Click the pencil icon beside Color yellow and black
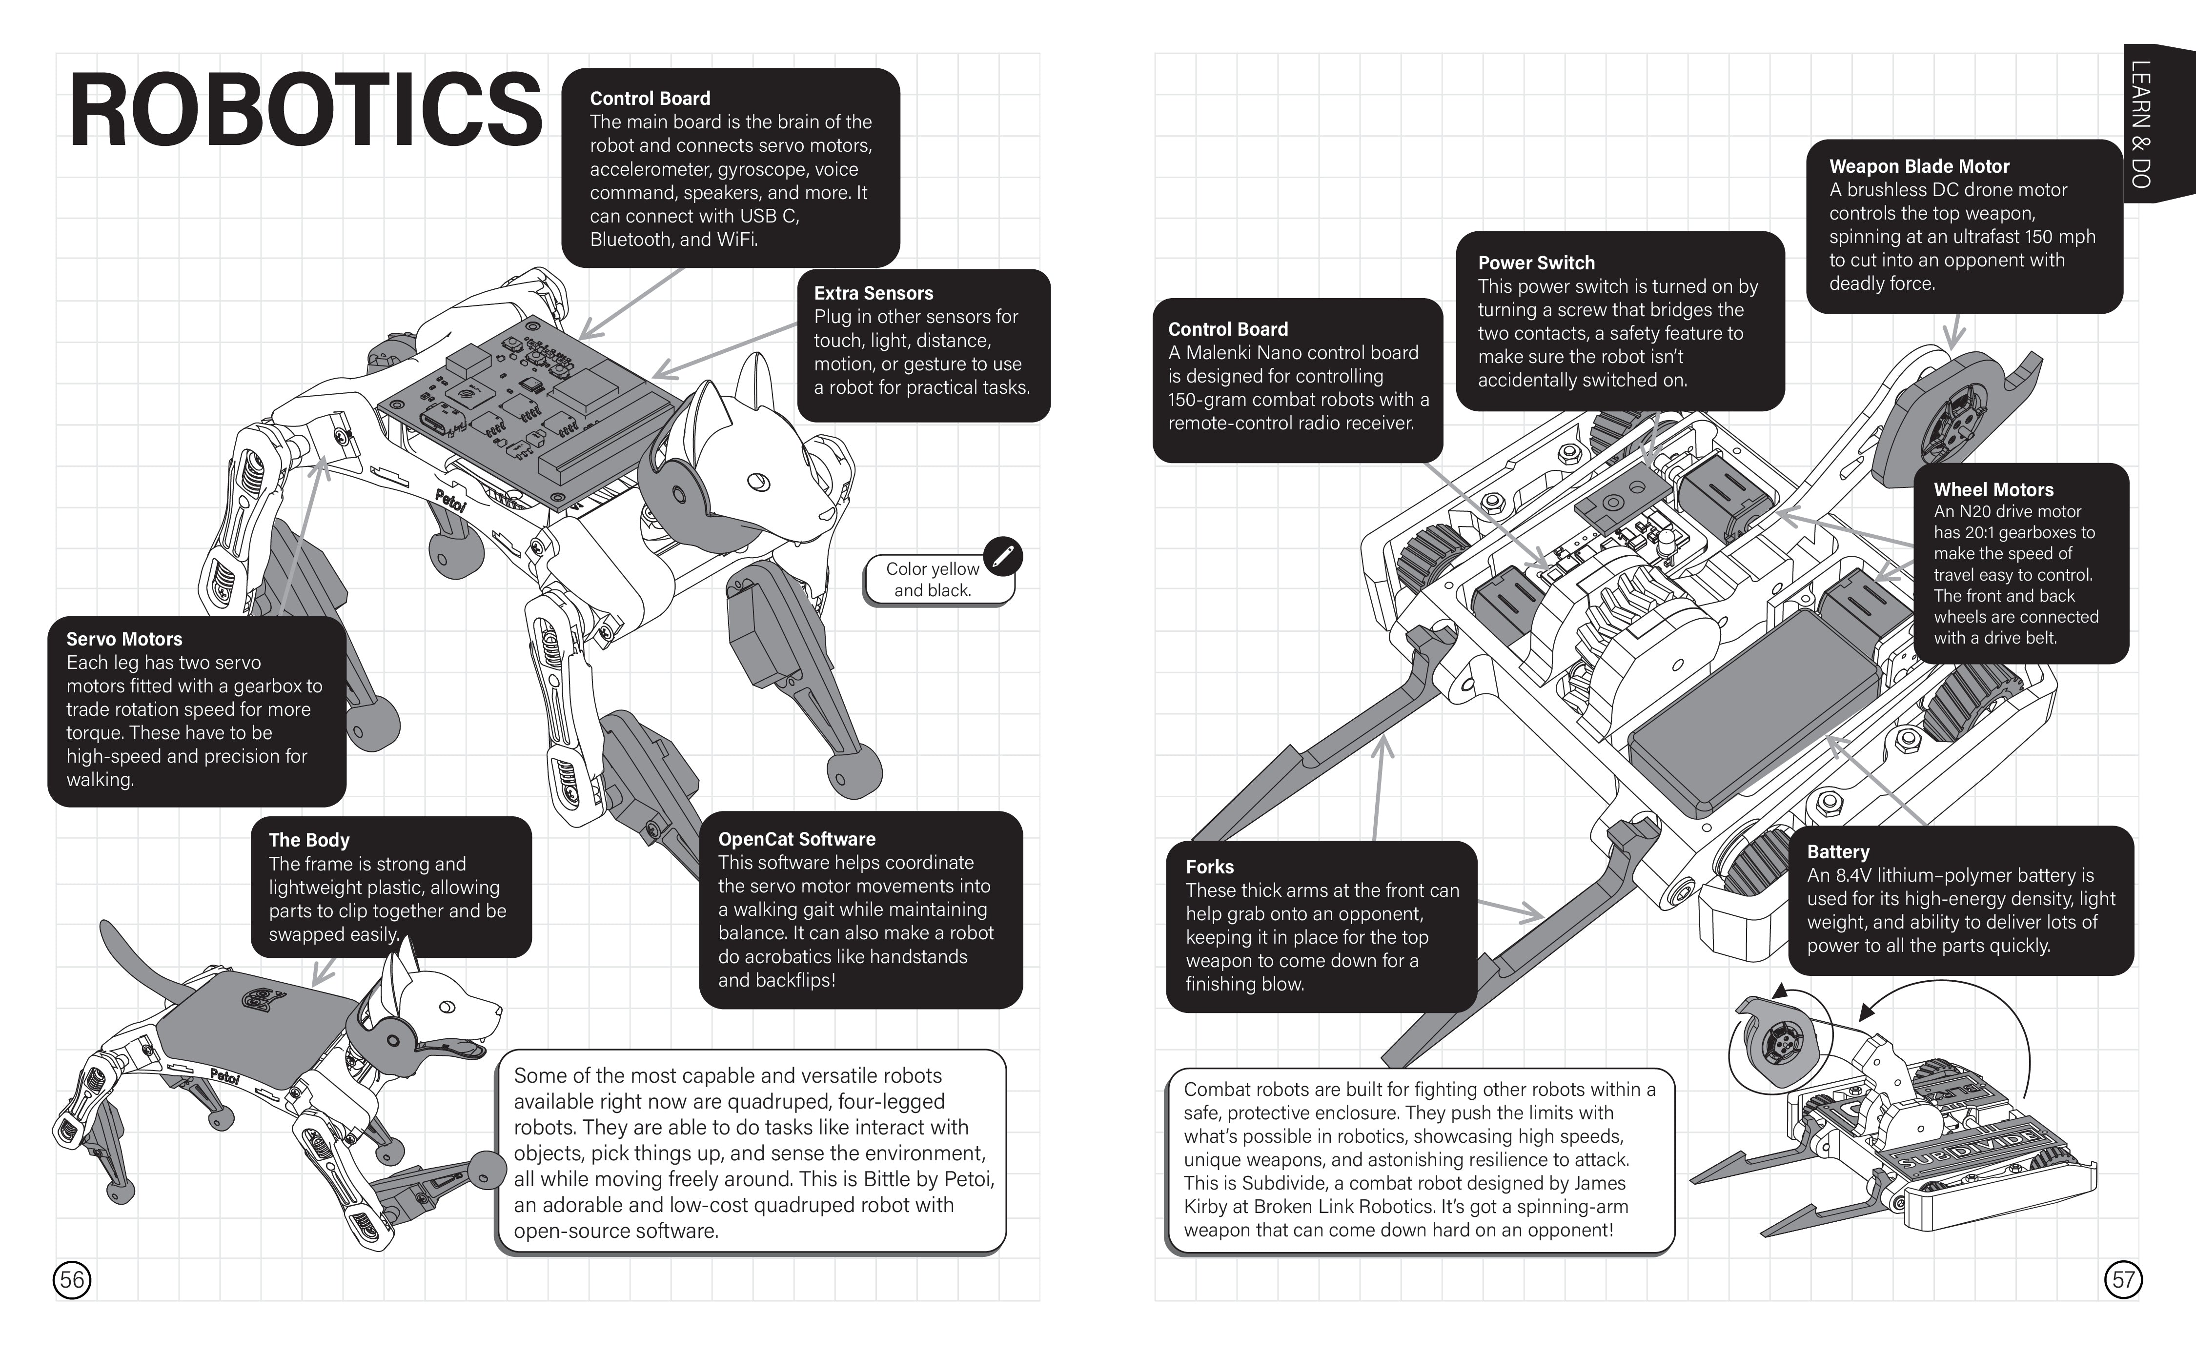[x=1002, y=556]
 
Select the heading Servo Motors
[x=123, y=639]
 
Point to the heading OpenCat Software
[x=796, y=839]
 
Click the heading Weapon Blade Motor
[x=1918, y=166]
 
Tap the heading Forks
[x=1209, y=867]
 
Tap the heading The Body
[x=309, y=840]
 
